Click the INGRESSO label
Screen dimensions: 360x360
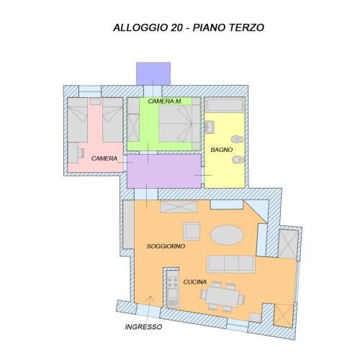(143, 327)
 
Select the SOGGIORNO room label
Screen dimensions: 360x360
(166, 246)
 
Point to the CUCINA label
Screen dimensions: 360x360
(195, 282)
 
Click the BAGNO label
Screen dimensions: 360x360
(222, 150)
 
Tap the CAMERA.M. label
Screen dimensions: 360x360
(165, 102)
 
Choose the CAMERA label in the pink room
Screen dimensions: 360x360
(104, 158)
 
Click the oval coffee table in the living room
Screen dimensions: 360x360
(227, 235)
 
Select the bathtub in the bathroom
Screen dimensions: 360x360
(225, 105)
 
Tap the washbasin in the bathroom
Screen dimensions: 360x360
(209, 127)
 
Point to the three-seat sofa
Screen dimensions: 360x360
(230, 264)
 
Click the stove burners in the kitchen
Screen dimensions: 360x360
(173, 282)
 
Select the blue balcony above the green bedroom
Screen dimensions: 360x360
(153, 73)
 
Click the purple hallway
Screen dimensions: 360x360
(164, 171)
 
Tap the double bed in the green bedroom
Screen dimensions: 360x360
(179, 124)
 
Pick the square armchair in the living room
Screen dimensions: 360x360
(192, 231)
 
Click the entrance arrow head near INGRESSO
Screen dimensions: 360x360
(150, 298)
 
